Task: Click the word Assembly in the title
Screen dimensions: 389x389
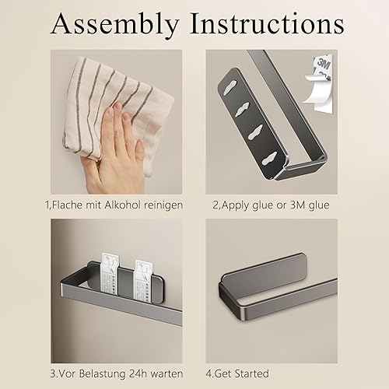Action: (x=114, y=25)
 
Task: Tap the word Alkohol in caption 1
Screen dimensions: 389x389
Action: (x=123, y=205)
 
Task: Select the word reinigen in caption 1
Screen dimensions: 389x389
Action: (x=163, y=205)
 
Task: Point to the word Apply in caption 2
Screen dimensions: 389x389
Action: (x=235, y=205)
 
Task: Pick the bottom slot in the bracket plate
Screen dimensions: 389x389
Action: (x=269, y=159)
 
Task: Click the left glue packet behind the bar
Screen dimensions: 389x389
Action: (x=110, y=275)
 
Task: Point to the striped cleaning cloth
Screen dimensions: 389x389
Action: (x=114, y=111)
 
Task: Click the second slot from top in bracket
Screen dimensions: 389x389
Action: (x=243, y=109)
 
